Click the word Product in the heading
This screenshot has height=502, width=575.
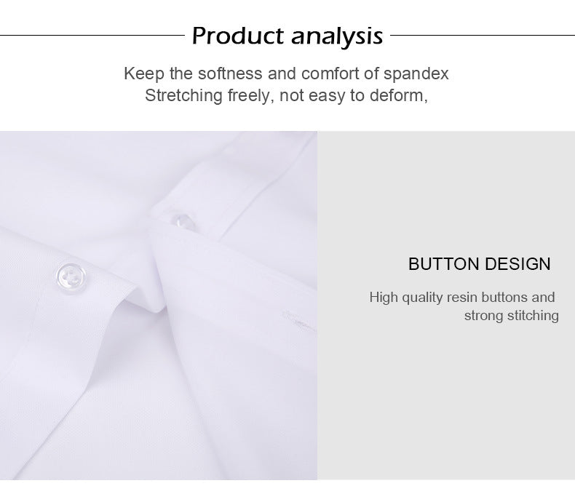pyautogui.click(x=237, y=35)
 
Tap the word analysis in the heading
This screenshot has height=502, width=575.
pyautogui.click(x=337, y=35)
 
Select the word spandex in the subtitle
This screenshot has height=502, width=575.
pyautogui.click(x=416, y=73)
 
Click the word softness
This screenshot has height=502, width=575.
pyautogui.click(x=209, y=73)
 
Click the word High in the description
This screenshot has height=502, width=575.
pyautogui.click(x=384, y=297)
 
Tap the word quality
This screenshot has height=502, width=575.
pyautogui.click(x=421, y=297)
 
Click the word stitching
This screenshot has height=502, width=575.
pyautogui.click(x=534, y=315)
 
